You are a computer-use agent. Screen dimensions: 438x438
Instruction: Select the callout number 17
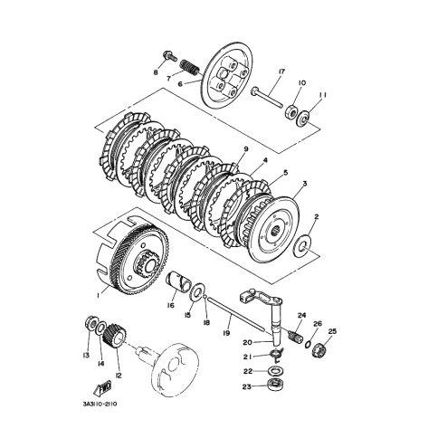[282, 71]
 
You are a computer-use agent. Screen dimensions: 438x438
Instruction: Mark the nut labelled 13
[90, 324]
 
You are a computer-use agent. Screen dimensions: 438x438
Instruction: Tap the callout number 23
[247, 387]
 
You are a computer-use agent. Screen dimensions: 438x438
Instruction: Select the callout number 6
[179, 83]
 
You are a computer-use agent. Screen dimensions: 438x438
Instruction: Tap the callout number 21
[247, 357]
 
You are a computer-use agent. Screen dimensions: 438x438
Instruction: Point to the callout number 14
[102, 363]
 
